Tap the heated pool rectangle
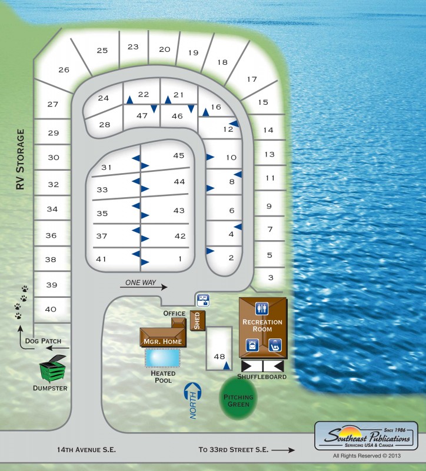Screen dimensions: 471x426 [x=162, y=357]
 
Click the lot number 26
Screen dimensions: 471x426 [x=64, y=70]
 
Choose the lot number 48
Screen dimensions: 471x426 [x=219, y=356]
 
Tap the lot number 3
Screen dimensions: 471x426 [x=271, y=277]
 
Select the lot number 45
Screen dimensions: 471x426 [x=179, y=155]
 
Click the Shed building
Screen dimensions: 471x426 [x=198, y=320]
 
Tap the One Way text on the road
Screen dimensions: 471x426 [x=141, y=283]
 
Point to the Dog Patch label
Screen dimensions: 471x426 [x=43, y=341]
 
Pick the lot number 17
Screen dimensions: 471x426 [x=252, y=79]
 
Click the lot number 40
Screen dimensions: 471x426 [x=51, y=309]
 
